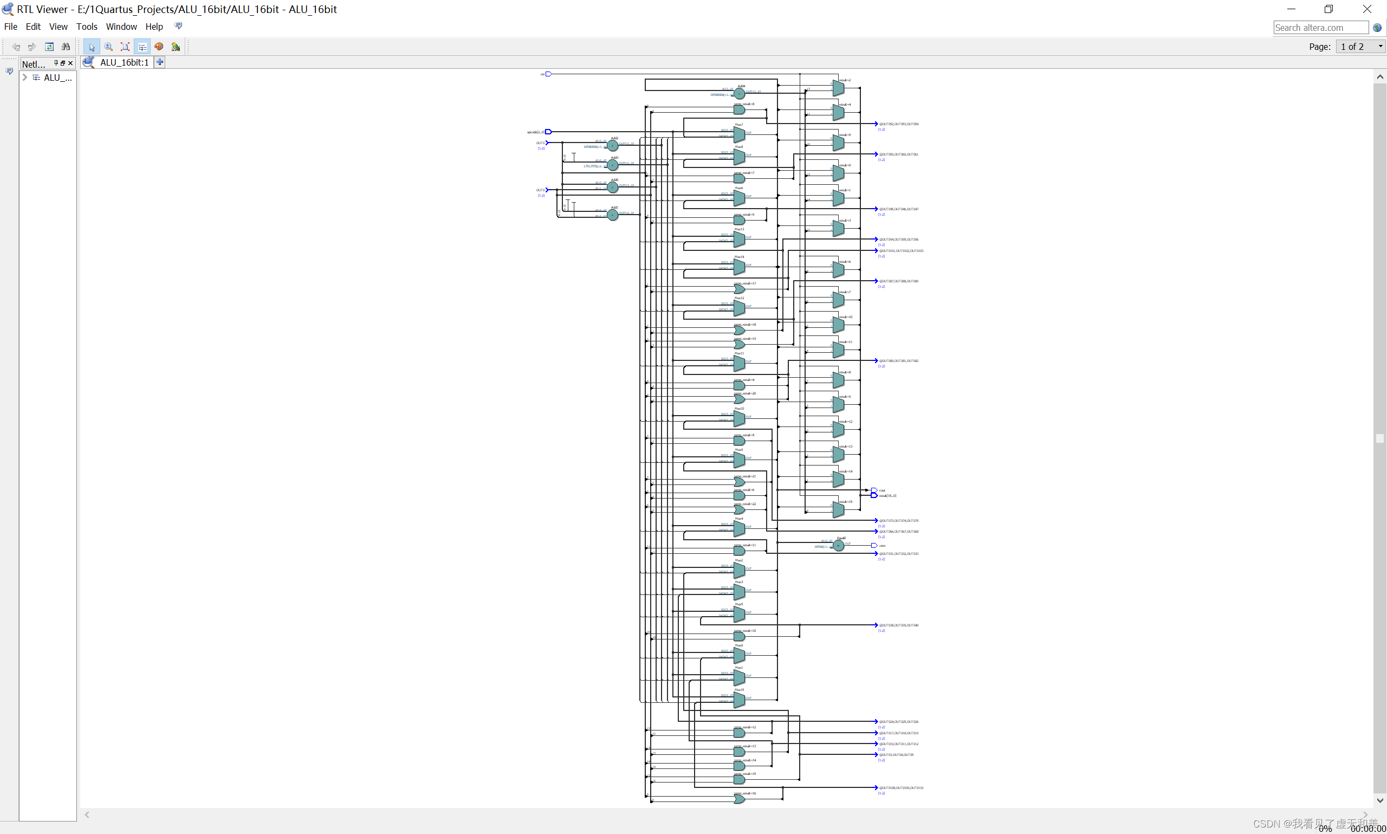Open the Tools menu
click(x=87, y=27)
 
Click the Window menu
click(x=121, y=27)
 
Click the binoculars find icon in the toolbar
click(x=66, y=47)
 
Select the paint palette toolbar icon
click(x=159, y=47)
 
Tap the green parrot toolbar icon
click(x=176, y=47)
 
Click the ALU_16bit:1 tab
click(x=124, y=62)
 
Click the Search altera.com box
click(x=1320, y=28)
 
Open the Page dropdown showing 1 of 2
click(x=1360, y=47)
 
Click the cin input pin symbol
click(x=548, y=74)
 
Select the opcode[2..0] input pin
click(x=548, y=132)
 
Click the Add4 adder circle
click(x=740, y=93)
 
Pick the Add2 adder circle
click(x=613, y=146)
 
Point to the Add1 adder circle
click(x=613, y=215)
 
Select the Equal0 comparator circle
click(x=838, y=545)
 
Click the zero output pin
click(x=874, y=546)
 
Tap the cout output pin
click(x=874, y=490)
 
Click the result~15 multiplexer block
click(x=838, y=510)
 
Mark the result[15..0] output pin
click(x=874, y=496)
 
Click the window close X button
click(x=1367, y=9)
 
